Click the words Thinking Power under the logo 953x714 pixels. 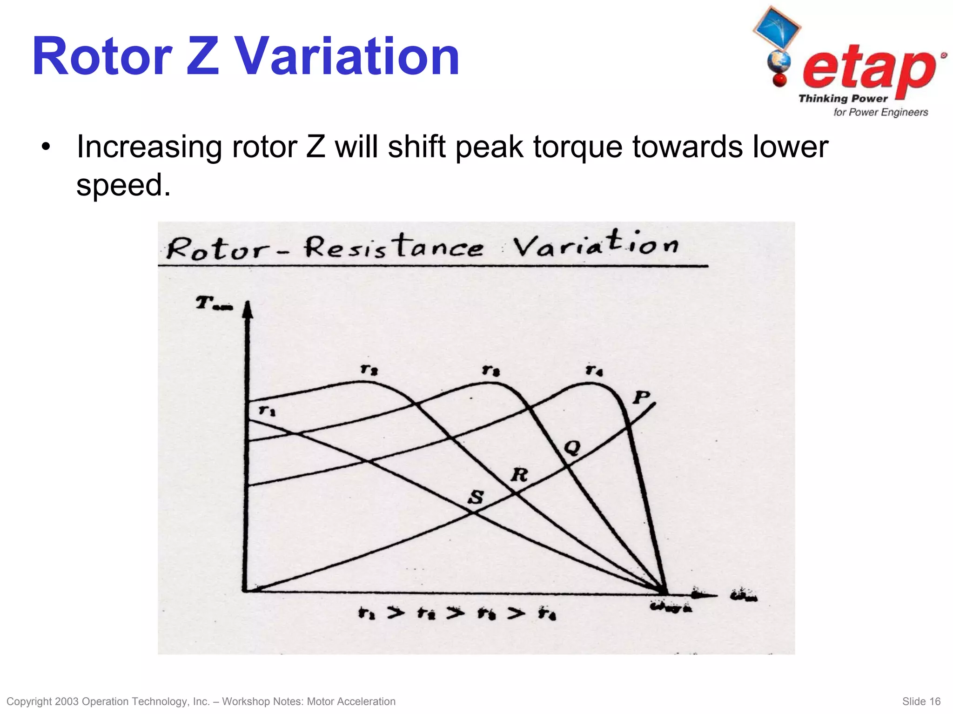pyautogui.click(x=843, y=99)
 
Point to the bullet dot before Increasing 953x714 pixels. pyautogui.click(x=45, y=148)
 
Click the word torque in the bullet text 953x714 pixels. pyautogui.click(x=578, y=147)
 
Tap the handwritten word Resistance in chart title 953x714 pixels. pyautogui.click(x=394, y=247)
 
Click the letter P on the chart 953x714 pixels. pyautogui.click(x=641, y=397)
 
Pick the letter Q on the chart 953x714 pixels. pyautogui.click(x=572, y=448)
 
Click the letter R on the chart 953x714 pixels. pyautogui.click(x=520, y=475)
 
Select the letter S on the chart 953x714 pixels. pyautogui.click(x=476, y=497)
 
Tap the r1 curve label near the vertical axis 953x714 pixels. pyautogui.click(x=267, y=411)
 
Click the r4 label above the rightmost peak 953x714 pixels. pyautogui.click(x=594, y=370)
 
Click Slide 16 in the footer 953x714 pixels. pyautogui.click(x=921, y=701)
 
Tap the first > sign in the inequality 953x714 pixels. pyautogui.click(x=396, y=613)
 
